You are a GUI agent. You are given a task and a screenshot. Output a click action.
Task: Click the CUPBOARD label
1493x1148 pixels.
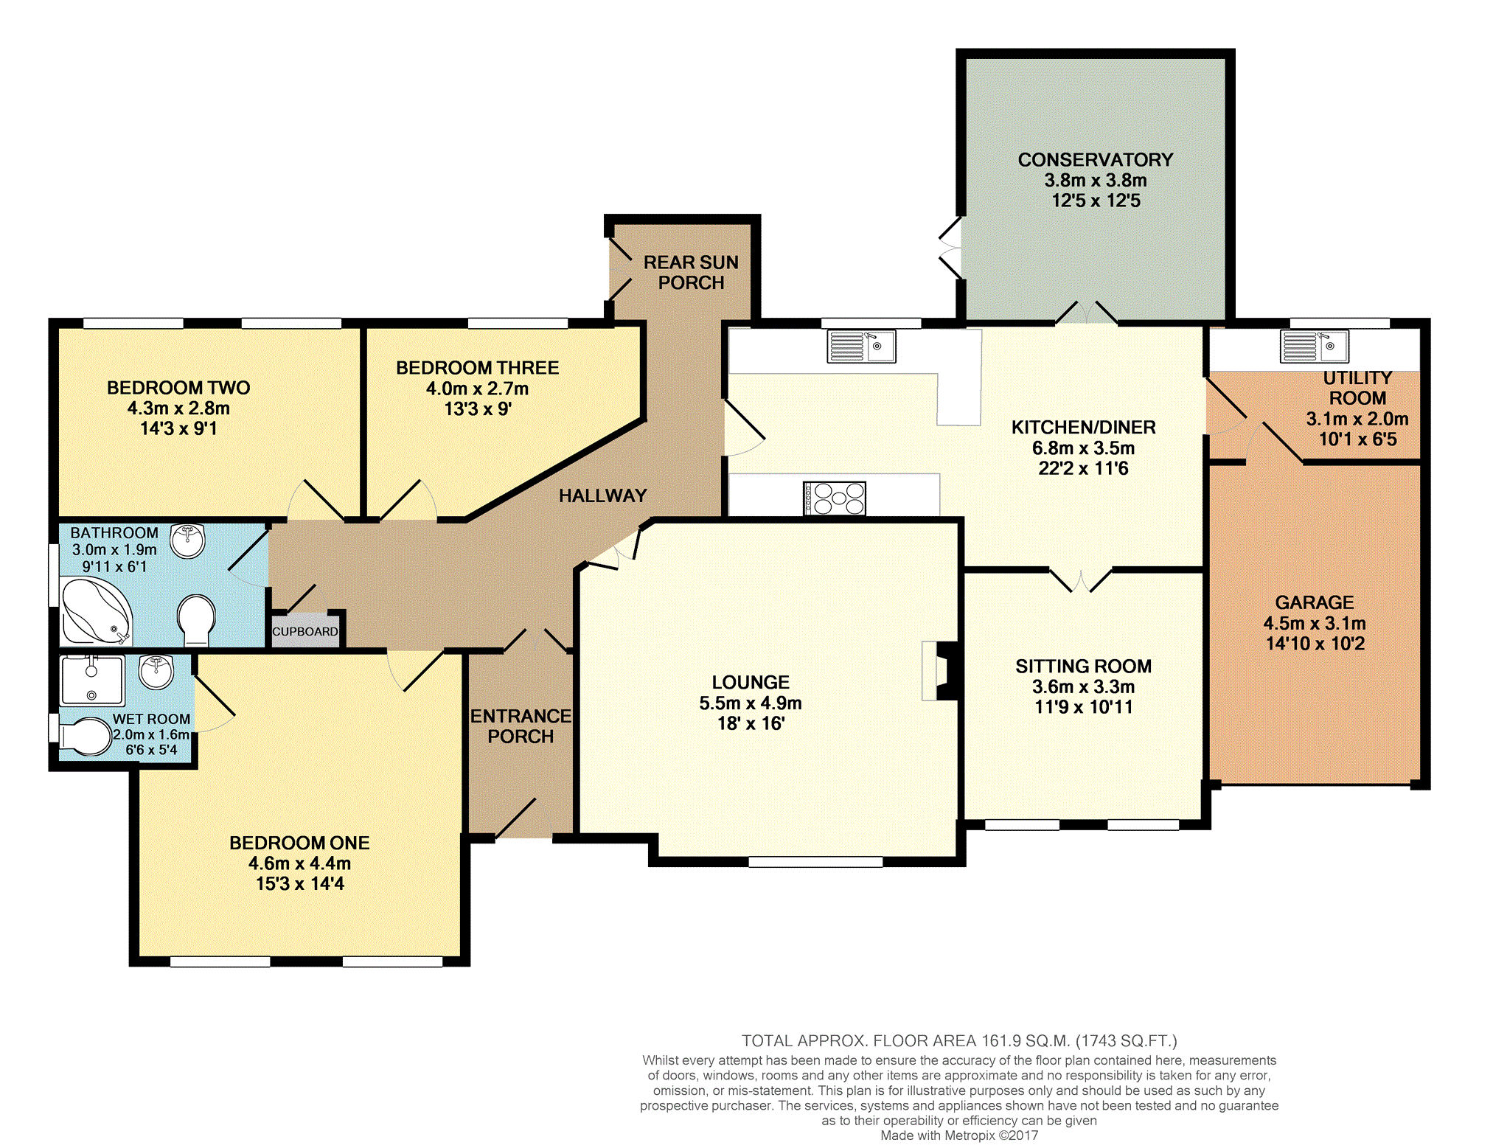pos(305,632)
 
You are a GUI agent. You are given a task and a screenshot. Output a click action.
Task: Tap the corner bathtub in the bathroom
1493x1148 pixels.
pos(97,611)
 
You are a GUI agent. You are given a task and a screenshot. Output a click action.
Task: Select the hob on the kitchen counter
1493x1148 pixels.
pos(835,498)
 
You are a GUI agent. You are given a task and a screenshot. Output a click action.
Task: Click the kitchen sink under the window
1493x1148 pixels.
pos(861,347)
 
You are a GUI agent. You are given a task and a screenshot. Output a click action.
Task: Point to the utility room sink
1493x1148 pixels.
pos(1315,347)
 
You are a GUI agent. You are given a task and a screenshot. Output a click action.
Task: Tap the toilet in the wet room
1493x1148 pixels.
pos(84,737)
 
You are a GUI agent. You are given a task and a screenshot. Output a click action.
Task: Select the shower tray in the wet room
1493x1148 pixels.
pos(91,680)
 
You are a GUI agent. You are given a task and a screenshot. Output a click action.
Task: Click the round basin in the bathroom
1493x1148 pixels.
pos(188,541)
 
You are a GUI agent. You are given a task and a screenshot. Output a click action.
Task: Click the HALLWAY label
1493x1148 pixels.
pos(602,496)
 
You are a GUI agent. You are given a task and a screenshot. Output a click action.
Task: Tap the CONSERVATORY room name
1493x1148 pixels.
pos(1096,160)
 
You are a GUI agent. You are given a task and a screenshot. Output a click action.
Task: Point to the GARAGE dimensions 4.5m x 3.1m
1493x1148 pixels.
pos(1315,623)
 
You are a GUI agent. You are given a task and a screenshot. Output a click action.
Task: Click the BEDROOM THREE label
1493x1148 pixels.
pos(478,368)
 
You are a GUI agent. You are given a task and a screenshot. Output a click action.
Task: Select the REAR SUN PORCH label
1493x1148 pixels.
pos(691,272)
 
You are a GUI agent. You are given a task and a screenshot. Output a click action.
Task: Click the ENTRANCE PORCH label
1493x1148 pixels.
pos(521,726)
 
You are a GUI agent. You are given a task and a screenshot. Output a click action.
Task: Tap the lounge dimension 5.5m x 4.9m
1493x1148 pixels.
pos(751,703)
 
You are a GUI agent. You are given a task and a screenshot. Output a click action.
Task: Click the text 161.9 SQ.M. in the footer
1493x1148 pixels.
pos(1025,1041)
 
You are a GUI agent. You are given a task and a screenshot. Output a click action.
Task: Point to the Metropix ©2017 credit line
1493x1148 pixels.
pos(960,1135)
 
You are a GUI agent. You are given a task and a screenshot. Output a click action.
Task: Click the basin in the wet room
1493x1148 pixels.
pos(156,672)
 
